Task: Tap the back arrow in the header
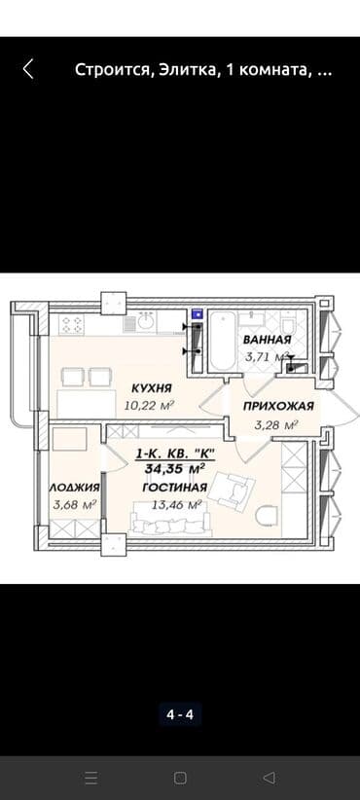[x=28, y=69]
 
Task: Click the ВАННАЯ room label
[x=267, y=341]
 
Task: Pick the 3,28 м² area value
[x=274, y=424]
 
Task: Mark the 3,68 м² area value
[x=75, y=504]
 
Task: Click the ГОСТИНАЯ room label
[x=173, y=487]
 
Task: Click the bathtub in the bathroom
[x=219, y=340]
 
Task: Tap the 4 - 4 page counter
[x=179, y=715]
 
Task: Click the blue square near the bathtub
[x=198, y=314]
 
